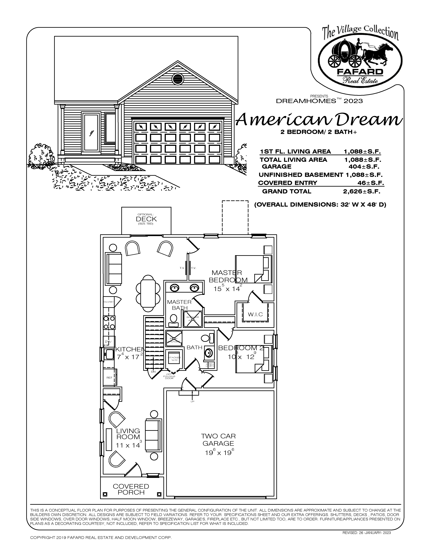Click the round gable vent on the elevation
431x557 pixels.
(x=178, y=79)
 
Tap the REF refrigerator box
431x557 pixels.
(x=110, y=377)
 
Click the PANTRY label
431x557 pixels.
(x=108, y=302)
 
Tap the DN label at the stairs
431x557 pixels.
(x=153, y=372)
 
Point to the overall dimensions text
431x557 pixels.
(x=320, y=205)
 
